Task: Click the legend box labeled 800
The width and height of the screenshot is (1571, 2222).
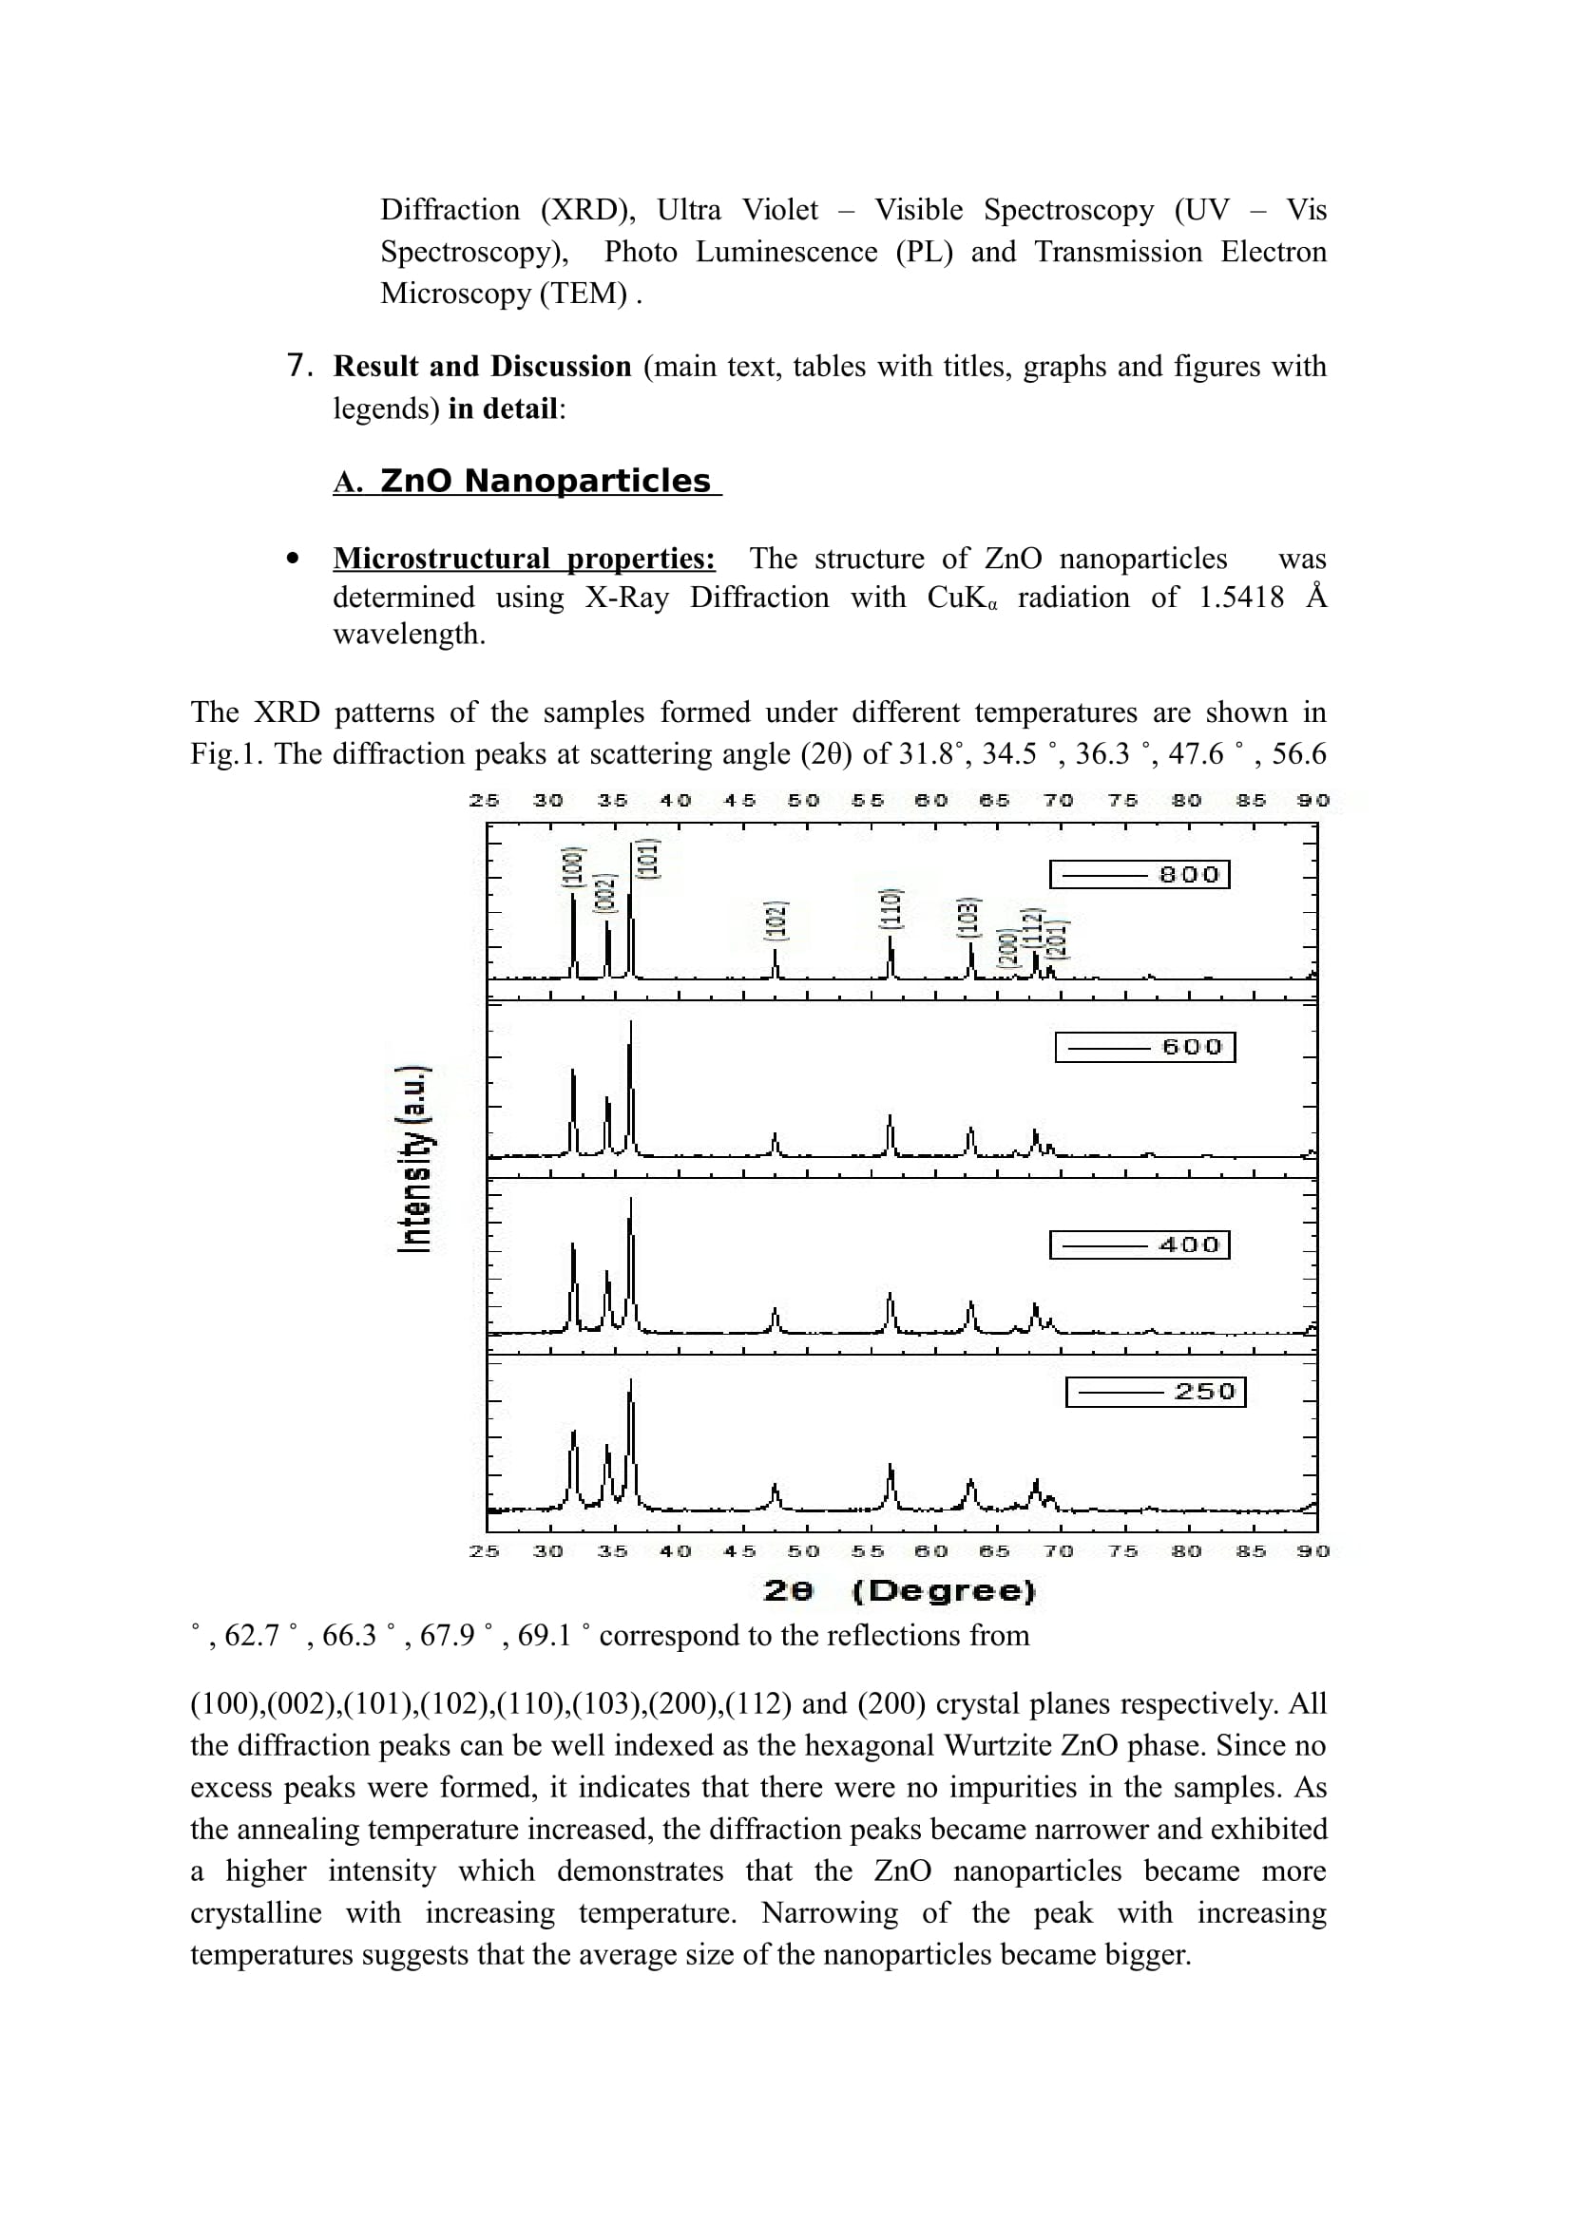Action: pyautogui.click(x=1140, y=875)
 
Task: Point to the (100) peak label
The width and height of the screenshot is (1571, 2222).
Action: pyautogui.click(x=573, y=867)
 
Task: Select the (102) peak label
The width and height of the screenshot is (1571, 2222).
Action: pyautogui.click(x=776, y=921)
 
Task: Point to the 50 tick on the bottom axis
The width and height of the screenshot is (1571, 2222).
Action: pyautogui.click(x=803, y=1551)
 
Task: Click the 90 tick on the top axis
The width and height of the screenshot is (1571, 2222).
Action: pyautogui.click(x=1313, y=800)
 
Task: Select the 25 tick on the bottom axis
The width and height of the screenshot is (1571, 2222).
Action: pyautogui.click(x=484, y=1551)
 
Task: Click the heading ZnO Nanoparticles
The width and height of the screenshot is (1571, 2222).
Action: pyautogui.click(x=545, y=481)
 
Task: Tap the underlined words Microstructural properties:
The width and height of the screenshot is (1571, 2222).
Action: pyautogui.click(x=524, y=559)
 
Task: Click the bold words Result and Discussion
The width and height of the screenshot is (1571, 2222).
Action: pyautogui.click(x=482, y=367)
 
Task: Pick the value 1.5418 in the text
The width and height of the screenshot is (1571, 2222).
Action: pyautogui.click(x=1241, y=598)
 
